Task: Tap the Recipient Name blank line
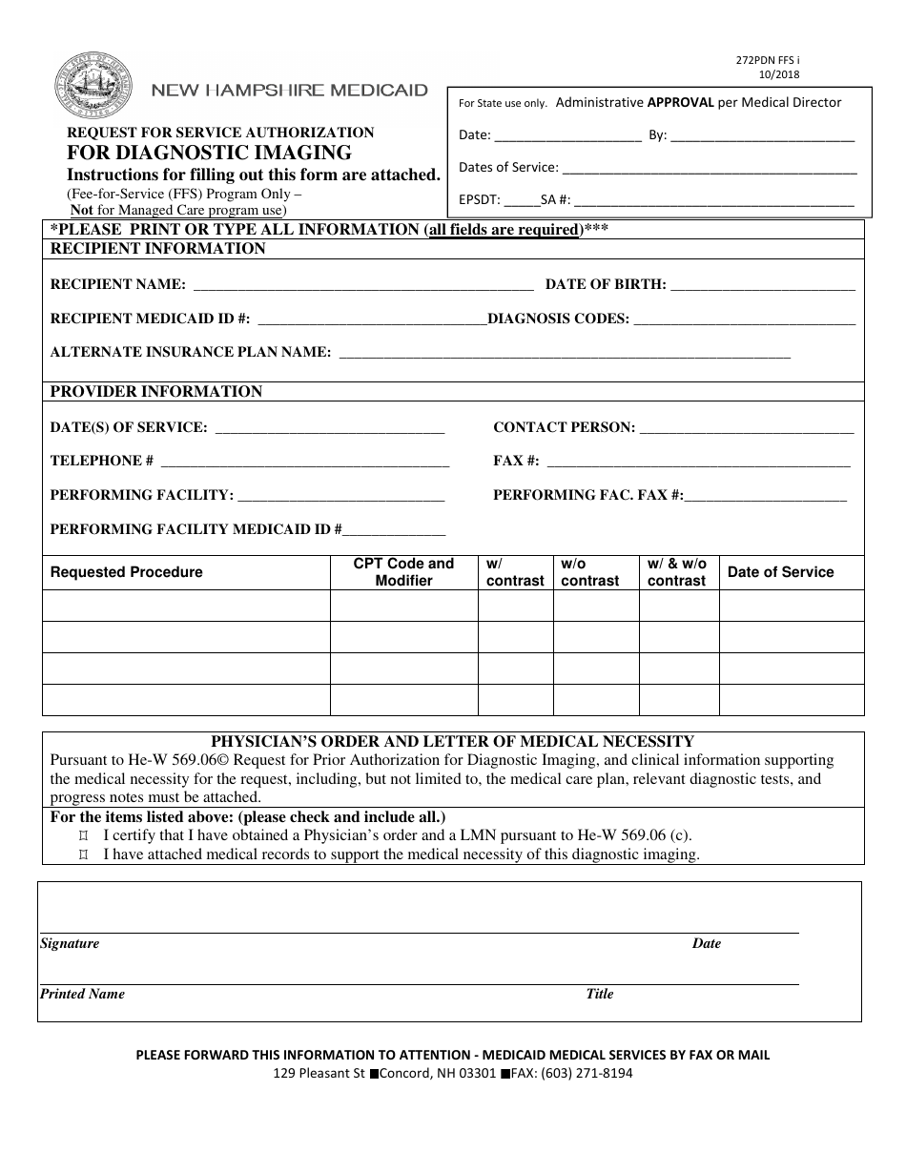362,284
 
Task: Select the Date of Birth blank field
763,284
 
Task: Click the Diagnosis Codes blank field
744,319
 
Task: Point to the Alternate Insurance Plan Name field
565,352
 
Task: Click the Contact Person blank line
746,427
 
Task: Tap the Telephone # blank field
305,461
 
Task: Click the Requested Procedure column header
127,572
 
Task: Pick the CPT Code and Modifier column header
403,572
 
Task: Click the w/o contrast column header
589,572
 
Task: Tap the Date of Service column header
780,572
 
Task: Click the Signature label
70,943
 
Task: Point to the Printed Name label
82,994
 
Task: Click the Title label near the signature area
599,994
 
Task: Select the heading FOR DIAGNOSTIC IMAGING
209,153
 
